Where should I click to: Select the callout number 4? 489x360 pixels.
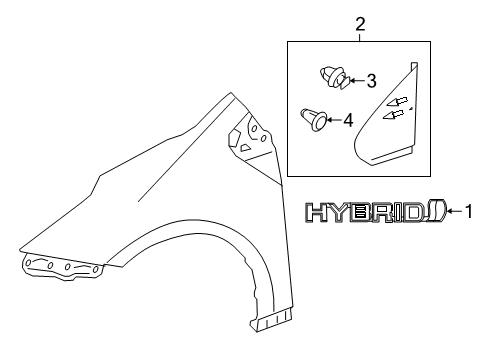[348, 121]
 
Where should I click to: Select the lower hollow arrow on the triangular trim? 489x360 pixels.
[396, 115]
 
